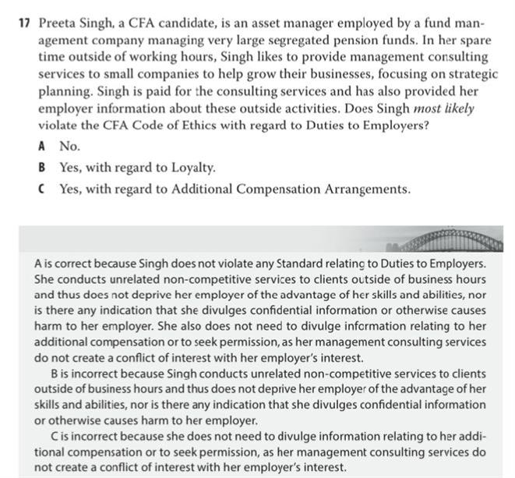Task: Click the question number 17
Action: pos(24,23)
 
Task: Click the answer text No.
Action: pos(69,146)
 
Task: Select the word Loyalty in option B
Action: pos(192,167)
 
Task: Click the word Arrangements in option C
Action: pos(366,188)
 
